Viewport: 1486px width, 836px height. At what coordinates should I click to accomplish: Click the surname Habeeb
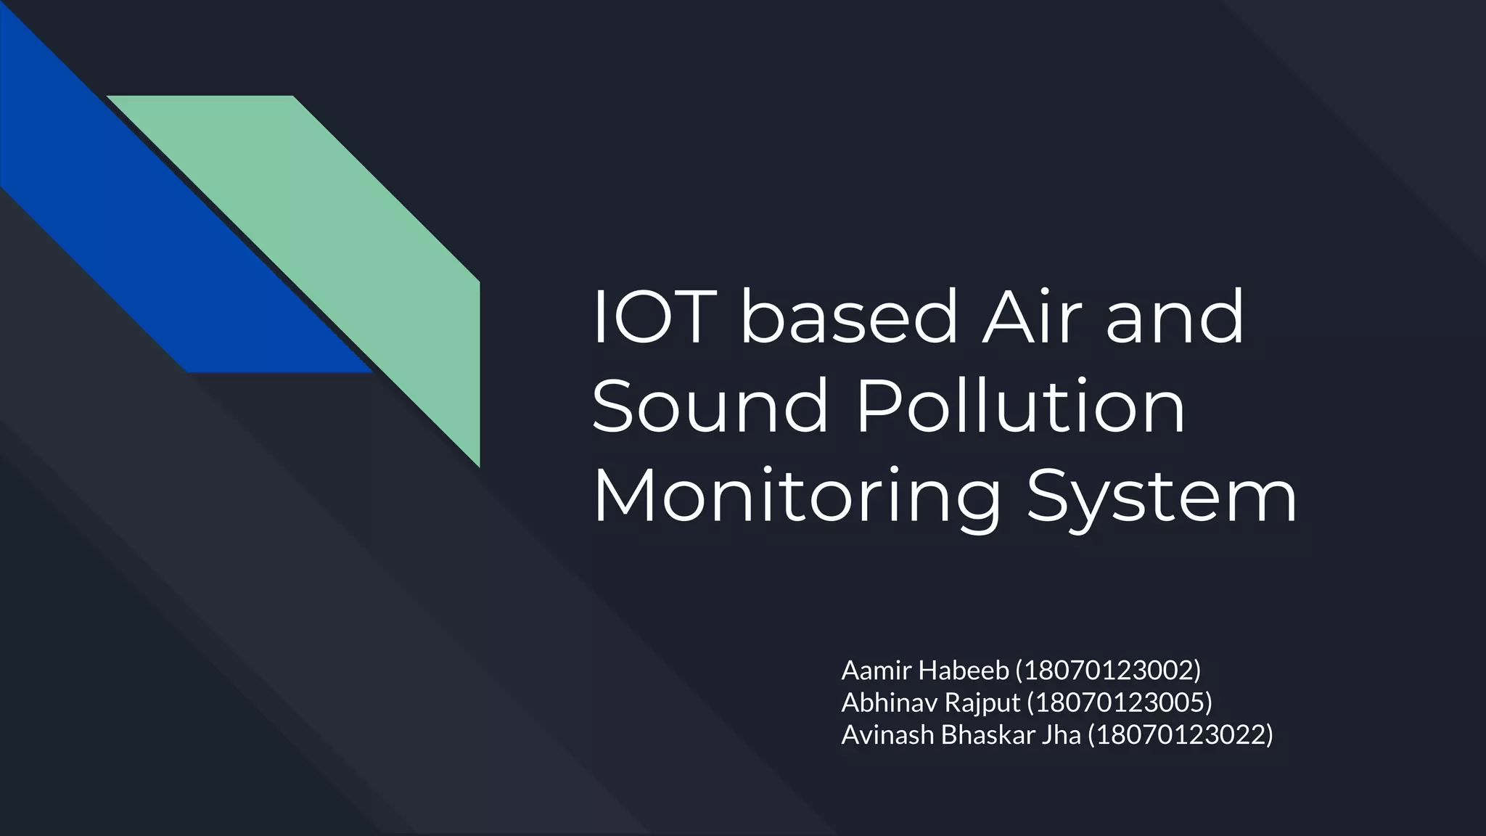(x=964, y=671)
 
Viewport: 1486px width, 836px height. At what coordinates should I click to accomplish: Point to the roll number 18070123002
(x=1108, y=671)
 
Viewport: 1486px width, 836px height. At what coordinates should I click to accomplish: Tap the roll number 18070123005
(x=1120, y=702)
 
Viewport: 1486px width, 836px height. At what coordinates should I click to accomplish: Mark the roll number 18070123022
(x=1181, y=735)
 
